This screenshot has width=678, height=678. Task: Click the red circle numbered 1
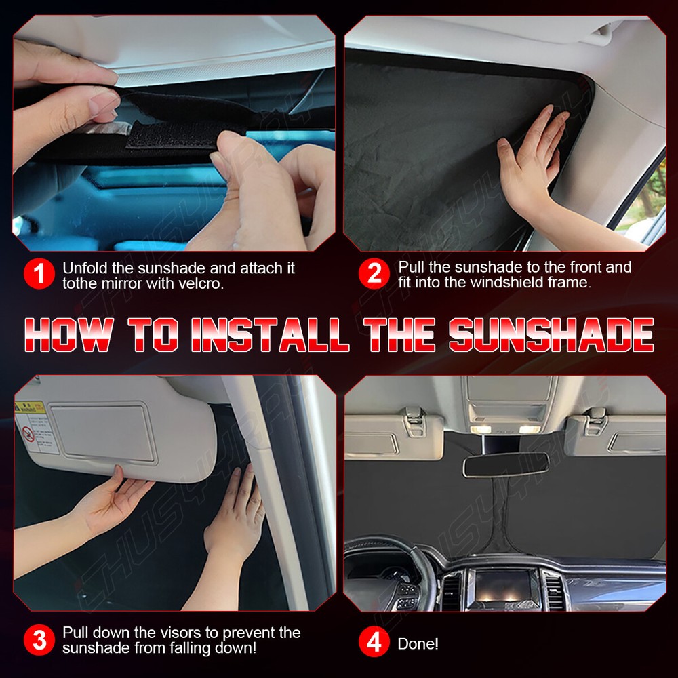click(39, 274)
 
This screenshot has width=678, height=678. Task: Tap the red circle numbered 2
click(374, 274)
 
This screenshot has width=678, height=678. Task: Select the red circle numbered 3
click(39, 640)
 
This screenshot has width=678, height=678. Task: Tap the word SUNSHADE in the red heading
click(551, 334)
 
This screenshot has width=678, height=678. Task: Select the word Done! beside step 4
click(418, 643)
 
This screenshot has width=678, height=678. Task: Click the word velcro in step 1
click(201, 283)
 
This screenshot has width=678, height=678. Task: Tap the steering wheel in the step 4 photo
click(393, 570)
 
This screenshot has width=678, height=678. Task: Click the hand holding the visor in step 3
click(112, 502)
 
